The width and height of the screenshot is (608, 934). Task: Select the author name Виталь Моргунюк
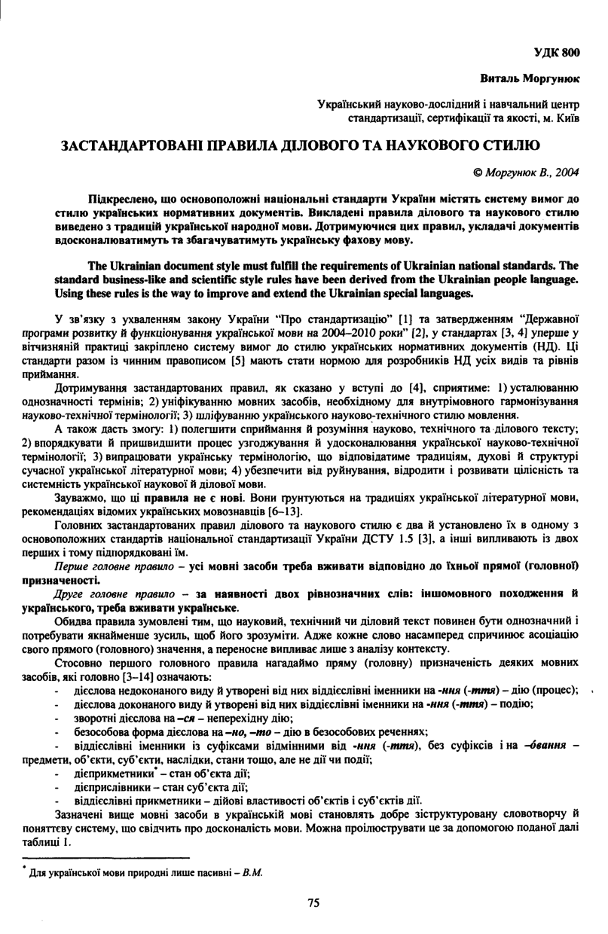530,78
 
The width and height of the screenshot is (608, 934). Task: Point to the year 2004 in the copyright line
567,172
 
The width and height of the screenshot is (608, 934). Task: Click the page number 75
313,902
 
